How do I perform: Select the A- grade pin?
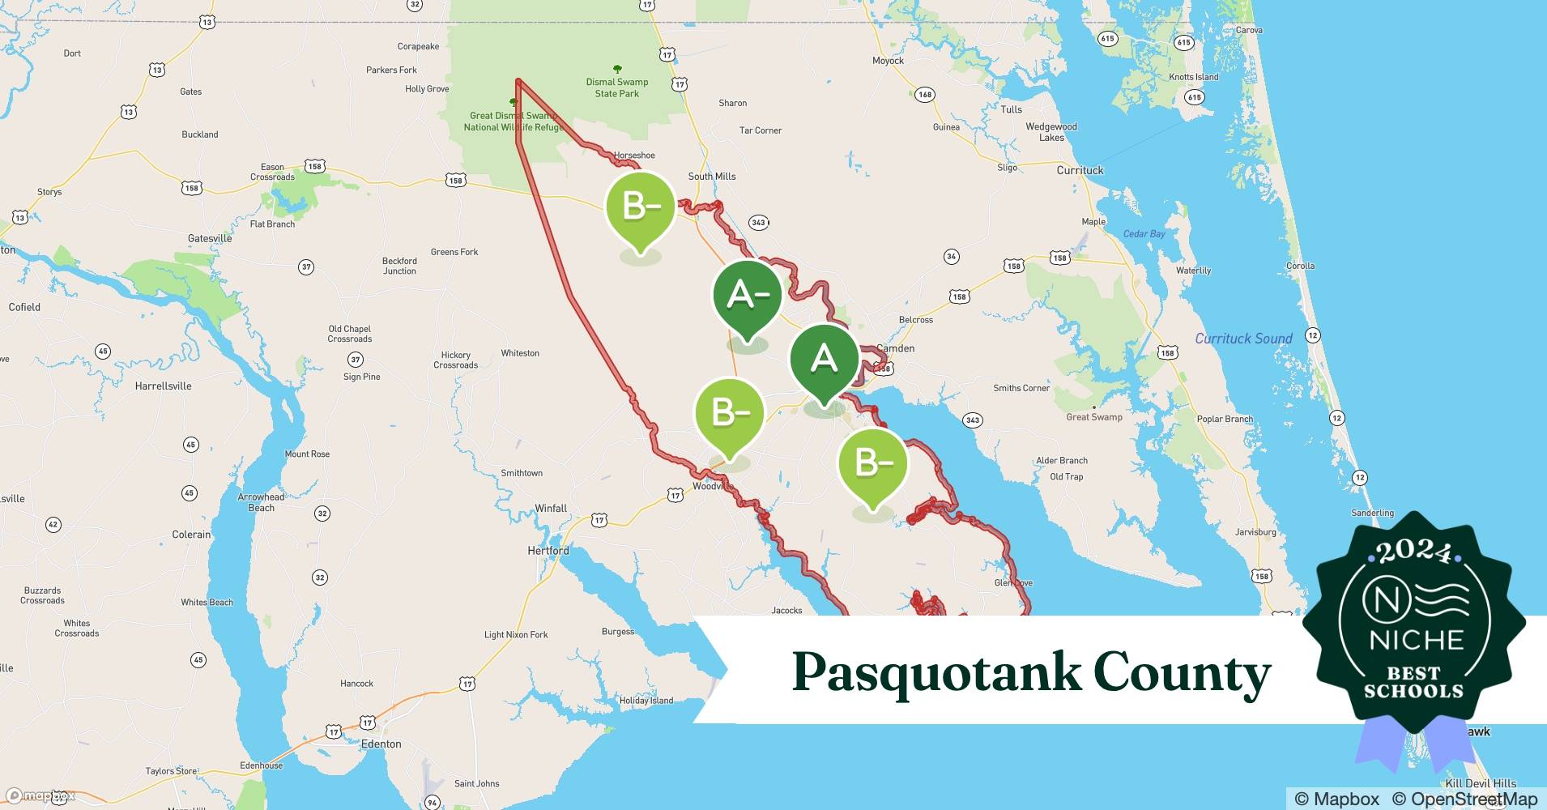coord(747,296)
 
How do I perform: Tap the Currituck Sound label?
coord(1243,339)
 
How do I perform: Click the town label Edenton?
coord(381,744)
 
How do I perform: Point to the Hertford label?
coord(548,551)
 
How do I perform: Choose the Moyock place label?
coord(888,61)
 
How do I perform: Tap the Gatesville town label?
coord(210,238)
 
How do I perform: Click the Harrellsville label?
coord(163,386)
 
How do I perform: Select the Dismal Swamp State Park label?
coord(617,87)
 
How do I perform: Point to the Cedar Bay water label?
coord(1144,234)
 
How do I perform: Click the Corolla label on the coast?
coord(1300,266)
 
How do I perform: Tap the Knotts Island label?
coord(1193,77)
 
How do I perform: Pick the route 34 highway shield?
coord(952,257)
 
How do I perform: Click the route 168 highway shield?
coord(924,95)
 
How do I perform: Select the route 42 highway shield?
coord(53,525)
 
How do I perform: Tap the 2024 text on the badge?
coord(1413,552)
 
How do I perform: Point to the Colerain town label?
coord(191,535)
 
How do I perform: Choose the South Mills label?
coord(712,177)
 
